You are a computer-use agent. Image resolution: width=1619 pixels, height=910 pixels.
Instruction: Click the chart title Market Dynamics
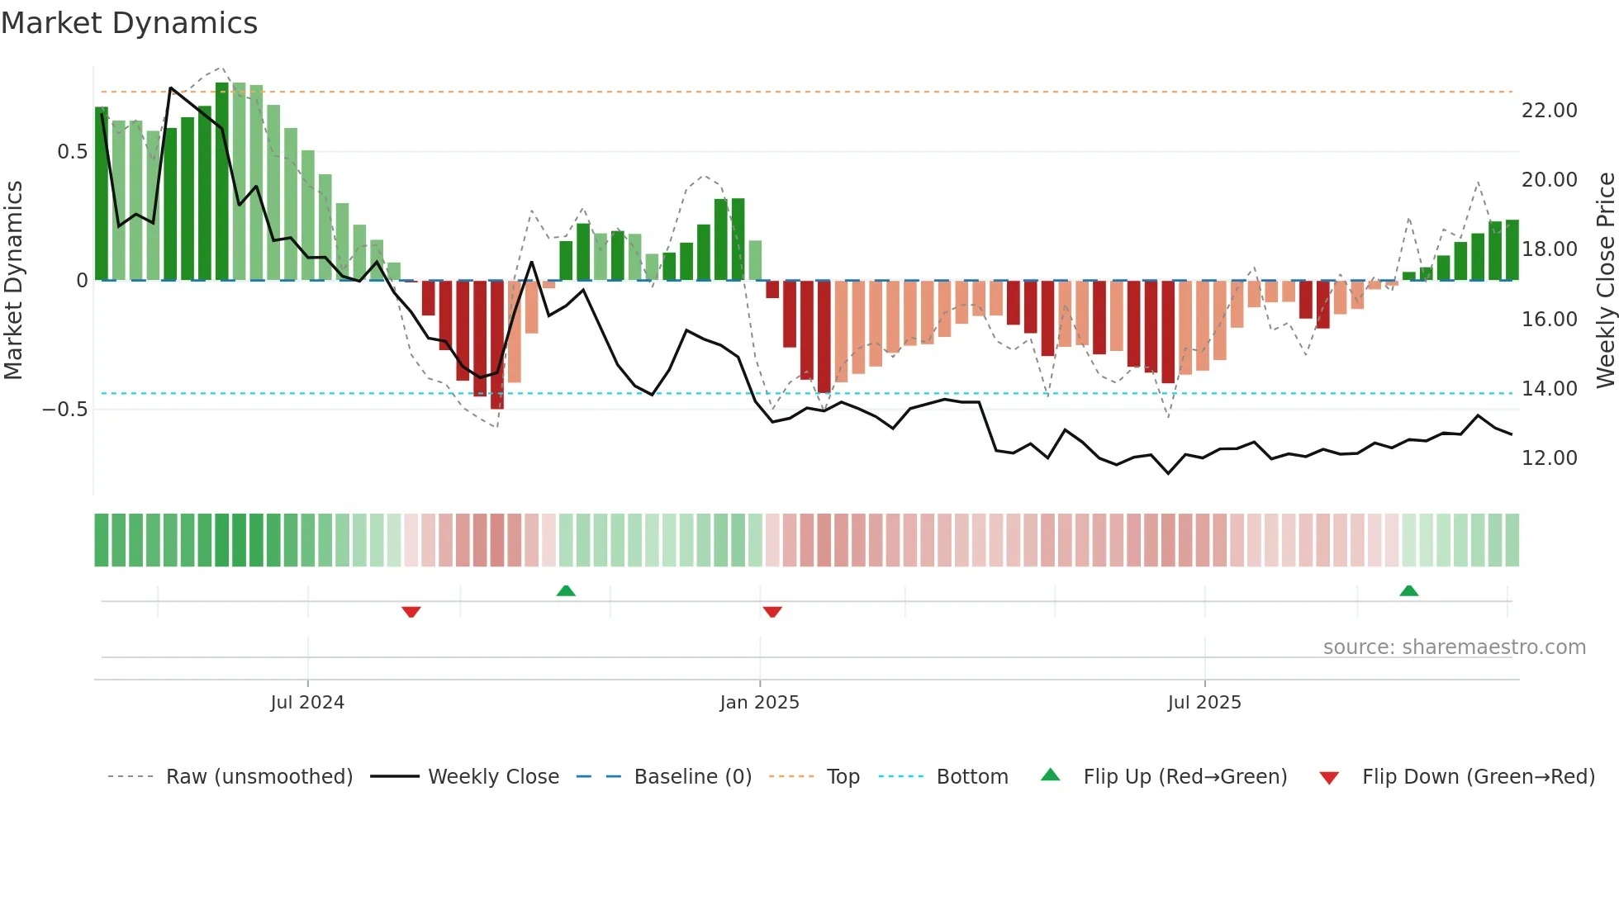[x=129, y=23]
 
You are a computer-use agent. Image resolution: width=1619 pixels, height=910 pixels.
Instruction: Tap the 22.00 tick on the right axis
[x=1549, y=111]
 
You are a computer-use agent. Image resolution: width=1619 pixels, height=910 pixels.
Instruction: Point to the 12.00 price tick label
[x=1549, y=458]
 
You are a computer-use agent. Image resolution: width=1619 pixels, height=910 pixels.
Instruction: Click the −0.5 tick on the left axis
[x=64, y=410]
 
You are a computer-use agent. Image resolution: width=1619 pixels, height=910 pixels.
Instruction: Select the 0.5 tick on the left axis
[x=72, y=152]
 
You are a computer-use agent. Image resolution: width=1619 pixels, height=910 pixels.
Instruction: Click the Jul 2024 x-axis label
[x=307, y=703]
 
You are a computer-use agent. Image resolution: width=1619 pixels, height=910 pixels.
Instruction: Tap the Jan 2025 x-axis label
[x=759, y=703]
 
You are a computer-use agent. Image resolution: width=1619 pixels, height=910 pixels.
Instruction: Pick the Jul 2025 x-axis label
[x=1204, y=703]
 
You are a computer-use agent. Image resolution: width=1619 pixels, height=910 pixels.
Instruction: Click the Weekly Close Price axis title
[x=1605, y=280]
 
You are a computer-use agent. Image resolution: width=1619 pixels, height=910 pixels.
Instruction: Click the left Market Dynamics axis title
[x=13, y=280]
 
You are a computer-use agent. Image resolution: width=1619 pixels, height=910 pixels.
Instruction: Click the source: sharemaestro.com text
[x=1454, y=647]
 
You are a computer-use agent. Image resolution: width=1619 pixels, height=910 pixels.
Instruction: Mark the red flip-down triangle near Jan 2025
[x=772, y=612]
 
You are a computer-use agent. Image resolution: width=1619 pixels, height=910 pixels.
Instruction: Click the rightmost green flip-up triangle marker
[x=1409, y=590]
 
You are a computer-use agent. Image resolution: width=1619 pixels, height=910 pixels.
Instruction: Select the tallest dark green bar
[x=222, y=182]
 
